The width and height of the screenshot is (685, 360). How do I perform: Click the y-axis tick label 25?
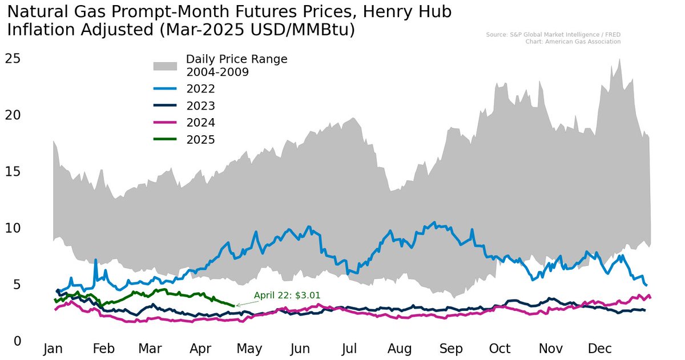(x=13, y=58)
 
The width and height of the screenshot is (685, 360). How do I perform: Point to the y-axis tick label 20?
(x=13, y=115)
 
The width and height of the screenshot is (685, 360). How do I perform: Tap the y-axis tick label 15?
(x=13, y=171)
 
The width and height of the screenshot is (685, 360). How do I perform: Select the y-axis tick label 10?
(x=13, y=228)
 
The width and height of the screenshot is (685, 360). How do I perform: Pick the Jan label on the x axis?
(x=53, y=349)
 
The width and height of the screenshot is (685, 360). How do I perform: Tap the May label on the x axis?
(x=249, y=349)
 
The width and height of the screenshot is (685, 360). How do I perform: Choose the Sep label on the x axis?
(x=450, y=349)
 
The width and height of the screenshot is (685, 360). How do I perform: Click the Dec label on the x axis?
(x=599, y=349)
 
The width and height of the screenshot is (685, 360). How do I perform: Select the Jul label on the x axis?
(x=349, y=349)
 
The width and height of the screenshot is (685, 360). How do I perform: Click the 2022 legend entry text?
(x=200, y=89)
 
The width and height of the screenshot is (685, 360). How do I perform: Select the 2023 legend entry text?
(x=200, y=106)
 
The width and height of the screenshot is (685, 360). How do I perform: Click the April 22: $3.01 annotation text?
(x=287, y=296)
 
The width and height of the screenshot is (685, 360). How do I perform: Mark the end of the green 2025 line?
(x=234, y=306)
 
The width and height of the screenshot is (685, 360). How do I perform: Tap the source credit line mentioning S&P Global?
(x=553, y=35)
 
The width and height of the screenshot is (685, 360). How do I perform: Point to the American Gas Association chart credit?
(x=573, y=42)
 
